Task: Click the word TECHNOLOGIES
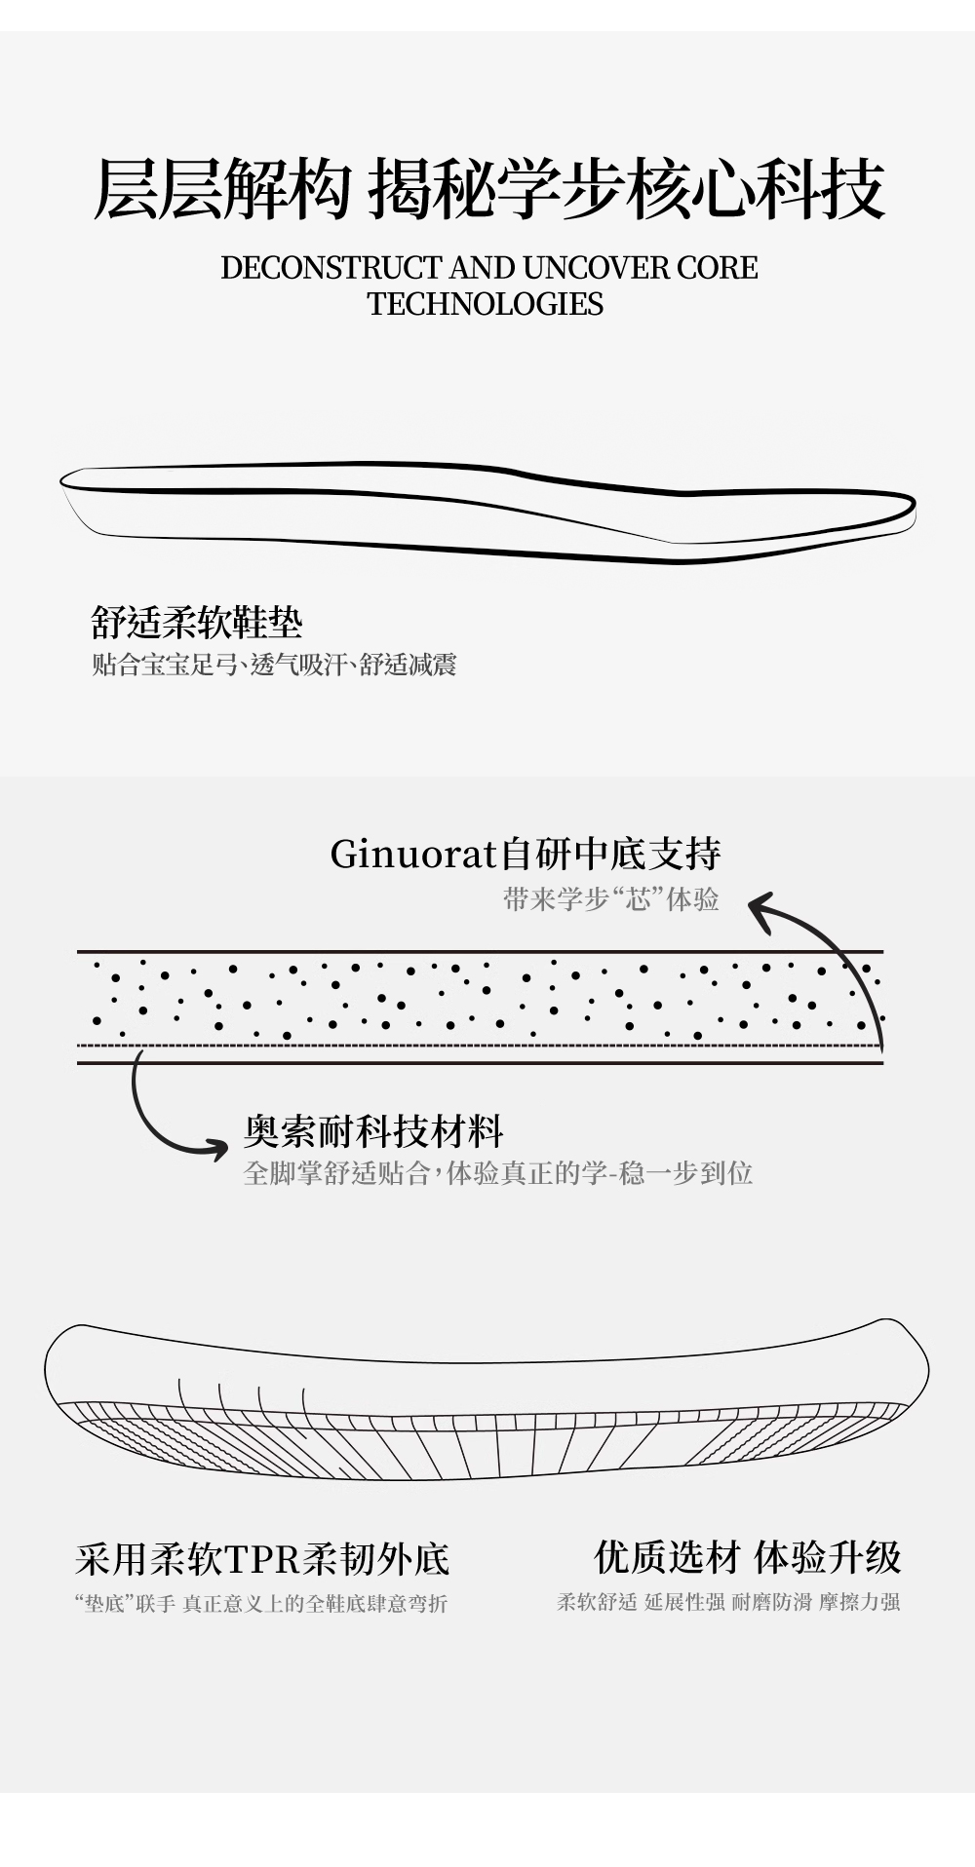(486, 304)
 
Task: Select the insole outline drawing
(487, 512)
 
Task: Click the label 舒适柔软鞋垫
(197, 622)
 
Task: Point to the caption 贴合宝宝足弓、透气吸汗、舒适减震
(274, 665)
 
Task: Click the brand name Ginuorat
(413, 855)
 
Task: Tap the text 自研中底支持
(610, 855)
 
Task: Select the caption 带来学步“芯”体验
(611, 898)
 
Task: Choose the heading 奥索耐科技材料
(373, 1132)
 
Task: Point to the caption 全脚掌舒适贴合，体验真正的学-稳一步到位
(497, 1172)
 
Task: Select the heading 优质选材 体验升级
(747, 1557)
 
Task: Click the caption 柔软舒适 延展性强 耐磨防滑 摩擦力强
(727, 1602)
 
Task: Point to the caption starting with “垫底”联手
(261, 1603)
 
